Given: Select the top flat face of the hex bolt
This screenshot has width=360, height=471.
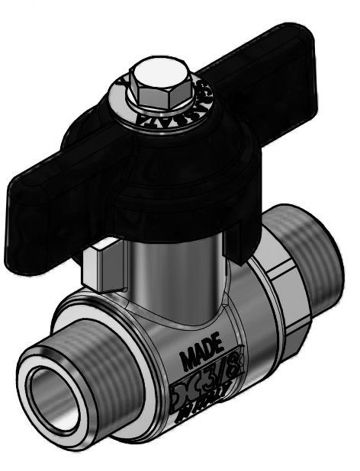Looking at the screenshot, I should tap(153, 75).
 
